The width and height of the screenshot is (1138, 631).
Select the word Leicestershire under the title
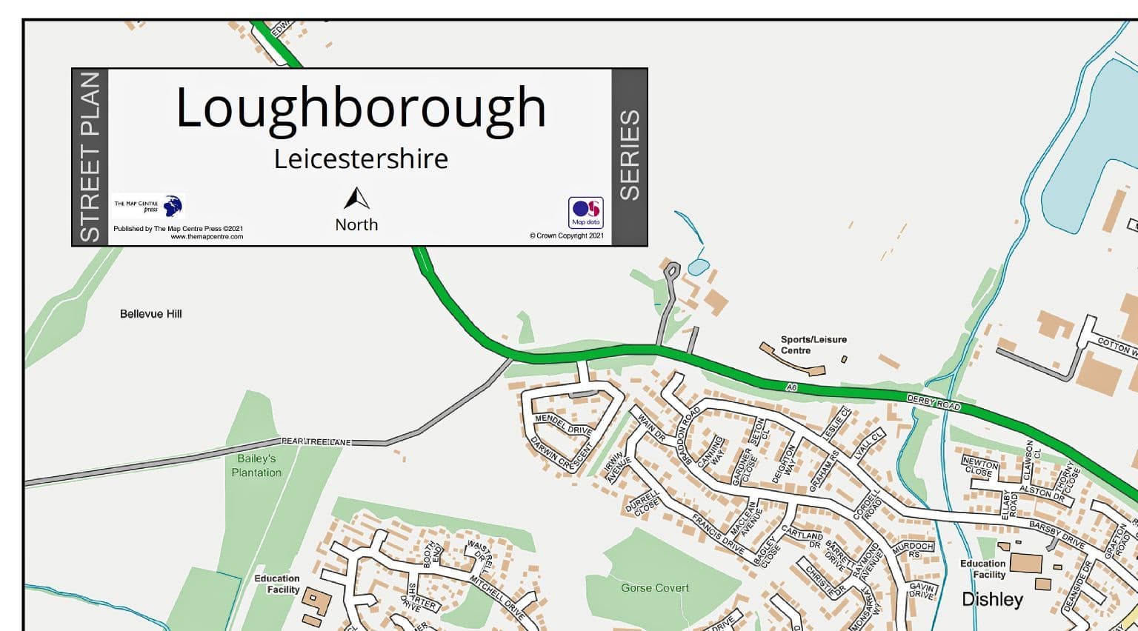pos(361,159)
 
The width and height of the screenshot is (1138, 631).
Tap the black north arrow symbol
pos(356,198)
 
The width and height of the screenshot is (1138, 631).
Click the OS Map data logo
pos(585,213)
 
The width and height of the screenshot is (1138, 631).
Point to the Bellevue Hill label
pos(151,314)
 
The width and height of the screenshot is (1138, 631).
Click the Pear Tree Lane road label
pos(316,442)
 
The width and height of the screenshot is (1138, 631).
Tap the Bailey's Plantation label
pos(256,466)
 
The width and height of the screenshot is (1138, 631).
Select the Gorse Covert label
pos(655,588)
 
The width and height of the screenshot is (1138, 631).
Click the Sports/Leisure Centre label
pos(813,345)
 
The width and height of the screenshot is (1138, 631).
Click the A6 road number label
pos(792,387)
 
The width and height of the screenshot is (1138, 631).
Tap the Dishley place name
pos(992,599)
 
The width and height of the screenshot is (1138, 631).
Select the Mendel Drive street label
pos(563,424)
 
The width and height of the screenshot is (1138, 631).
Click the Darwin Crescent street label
pos(561,453)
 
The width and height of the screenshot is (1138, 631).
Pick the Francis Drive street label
pos(718,534)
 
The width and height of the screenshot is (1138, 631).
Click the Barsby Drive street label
pos(1057,535)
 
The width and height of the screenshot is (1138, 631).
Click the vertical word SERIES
pos(629,156)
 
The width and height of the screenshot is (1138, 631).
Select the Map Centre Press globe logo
pos(172,205)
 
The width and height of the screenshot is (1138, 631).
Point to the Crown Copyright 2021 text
pos(567,236)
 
